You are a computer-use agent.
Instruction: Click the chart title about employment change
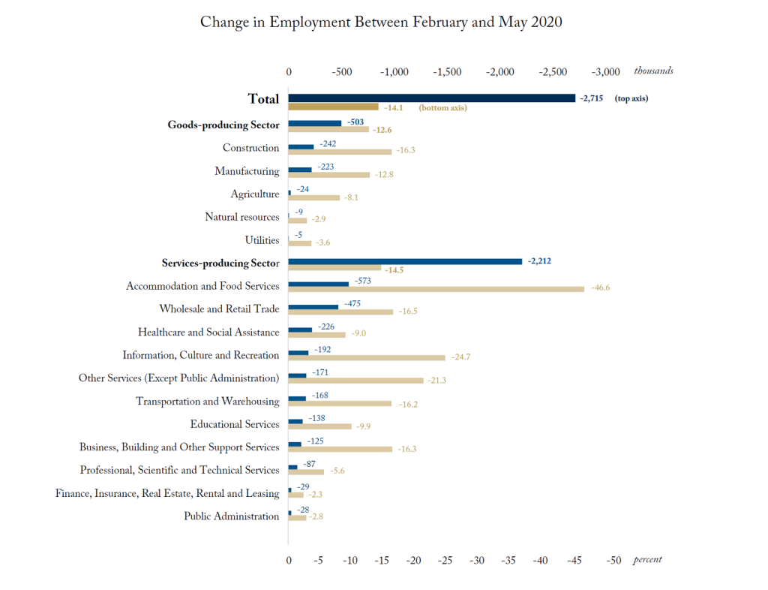381,22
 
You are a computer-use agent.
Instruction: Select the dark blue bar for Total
431,98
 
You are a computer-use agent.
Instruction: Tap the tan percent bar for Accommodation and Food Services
436,289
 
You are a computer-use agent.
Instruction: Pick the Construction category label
250,148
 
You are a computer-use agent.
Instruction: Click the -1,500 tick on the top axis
447,71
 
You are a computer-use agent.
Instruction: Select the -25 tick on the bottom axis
445,560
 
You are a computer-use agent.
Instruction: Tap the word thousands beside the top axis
653,71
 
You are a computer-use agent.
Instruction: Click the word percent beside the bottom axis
647,560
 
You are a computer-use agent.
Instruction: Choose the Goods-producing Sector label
223,125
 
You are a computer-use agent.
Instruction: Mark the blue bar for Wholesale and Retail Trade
313,306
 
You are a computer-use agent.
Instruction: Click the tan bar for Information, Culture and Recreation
367,358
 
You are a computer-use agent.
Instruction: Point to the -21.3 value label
436,381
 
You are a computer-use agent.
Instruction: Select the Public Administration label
231,516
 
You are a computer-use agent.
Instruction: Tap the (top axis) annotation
631,98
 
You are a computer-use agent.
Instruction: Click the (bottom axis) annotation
442,108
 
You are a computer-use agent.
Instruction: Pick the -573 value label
364,280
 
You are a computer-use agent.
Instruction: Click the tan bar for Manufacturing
329,175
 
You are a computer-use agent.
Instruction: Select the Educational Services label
234,424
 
